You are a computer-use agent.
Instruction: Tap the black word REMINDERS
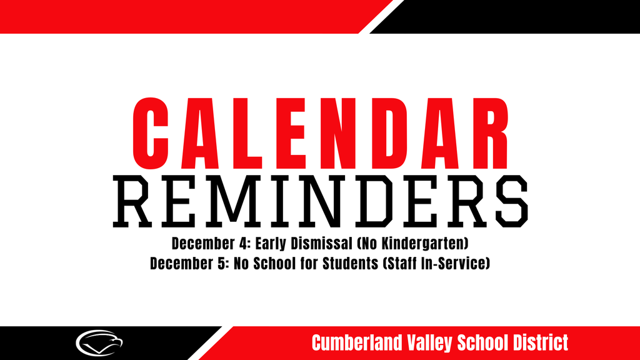point(319,201)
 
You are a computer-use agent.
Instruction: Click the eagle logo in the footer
point(99,342)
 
